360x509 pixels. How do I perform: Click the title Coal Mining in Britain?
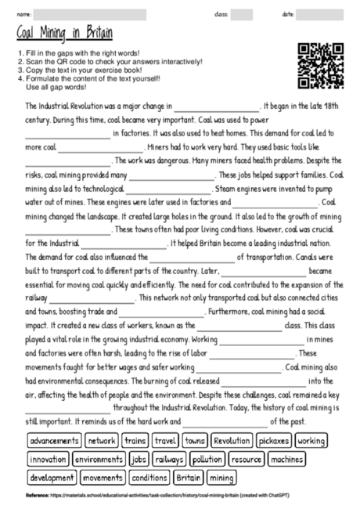[64, 33]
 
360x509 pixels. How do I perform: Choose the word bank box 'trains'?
[135, 441]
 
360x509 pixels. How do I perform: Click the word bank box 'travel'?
[166, 441]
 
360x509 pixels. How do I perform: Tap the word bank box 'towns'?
[196, 441]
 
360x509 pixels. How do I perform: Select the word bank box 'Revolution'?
[232, 441]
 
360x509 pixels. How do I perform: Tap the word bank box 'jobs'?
[139, 459]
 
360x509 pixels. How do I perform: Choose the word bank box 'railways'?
[169, 459]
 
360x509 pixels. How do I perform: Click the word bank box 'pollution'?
[207, 459]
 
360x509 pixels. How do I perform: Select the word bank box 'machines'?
[289, 459]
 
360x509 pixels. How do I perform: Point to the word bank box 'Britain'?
[189, 477]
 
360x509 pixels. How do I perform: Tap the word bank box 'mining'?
[221, 477]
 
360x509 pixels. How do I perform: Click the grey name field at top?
[90, 14]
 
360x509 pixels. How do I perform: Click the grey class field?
[241, 14]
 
